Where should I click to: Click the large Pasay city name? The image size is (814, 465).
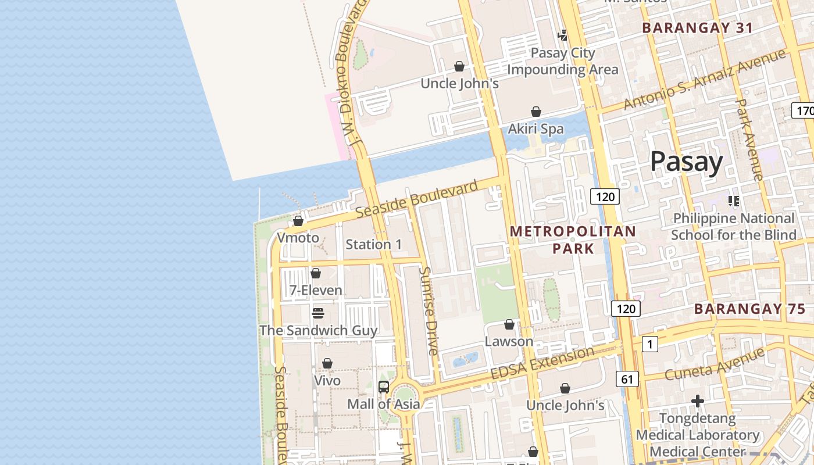pyautogui.click(x=686, y=161)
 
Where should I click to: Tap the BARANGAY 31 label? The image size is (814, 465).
pyautogui.click(x=697, y=28)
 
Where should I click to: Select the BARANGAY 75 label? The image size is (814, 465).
pyautogui.click(x=749, y=309)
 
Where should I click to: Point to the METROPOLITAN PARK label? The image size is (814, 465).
pyautogui.click(x=573, y=239)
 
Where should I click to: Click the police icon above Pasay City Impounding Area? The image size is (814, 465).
pyautogui.click(x=562, y=35)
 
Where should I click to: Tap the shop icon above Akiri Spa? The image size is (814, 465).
pyautogui.click(x=536, y=112)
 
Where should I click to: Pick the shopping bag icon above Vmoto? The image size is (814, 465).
pyautogui.click(x=298, y=221)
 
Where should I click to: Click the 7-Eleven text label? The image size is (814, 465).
pyautogui.click(x=316, y=289)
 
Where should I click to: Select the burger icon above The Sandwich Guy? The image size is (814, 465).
pyautogui.click(x=317, y=313)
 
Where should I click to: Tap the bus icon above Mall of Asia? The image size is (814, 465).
pyautogui.click(x=384, y=387)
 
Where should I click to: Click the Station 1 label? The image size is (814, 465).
pyautogui.click(x=373, y=244)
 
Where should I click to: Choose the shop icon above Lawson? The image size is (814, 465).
pyautogui.click(x=509, y=324)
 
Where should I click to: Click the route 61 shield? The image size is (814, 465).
pyautogui.click(x=627, y=380)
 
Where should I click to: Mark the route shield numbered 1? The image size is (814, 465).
pyautogui.click(x=649, y=344)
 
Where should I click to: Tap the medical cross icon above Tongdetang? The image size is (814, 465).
pyautogui.click(x=698, y=401)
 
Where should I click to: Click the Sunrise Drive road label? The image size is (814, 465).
pyautogui.click(x=429, y=311)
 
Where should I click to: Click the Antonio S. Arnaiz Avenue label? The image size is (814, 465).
pyautogui.click(x=704, y=80)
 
